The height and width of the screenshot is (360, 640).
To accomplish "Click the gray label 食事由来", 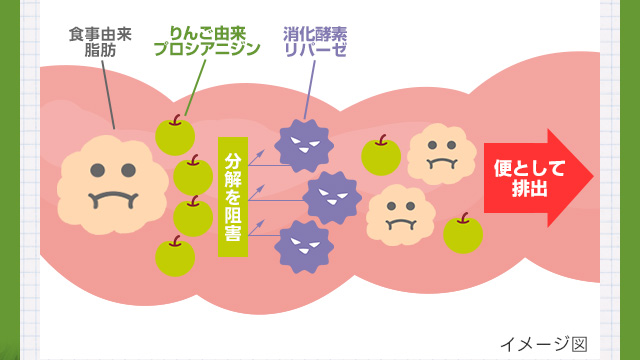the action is coord(100,34).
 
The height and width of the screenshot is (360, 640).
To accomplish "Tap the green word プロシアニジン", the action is coord(207,49).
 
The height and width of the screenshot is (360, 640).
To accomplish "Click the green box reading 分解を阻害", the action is coord(233,197).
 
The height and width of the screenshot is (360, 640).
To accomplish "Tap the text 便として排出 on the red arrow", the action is coord(529,178).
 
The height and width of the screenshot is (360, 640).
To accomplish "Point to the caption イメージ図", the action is coord(544,344).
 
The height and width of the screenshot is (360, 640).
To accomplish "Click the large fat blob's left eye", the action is coord(98,170).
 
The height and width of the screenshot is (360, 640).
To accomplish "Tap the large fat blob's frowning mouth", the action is coord(113,200).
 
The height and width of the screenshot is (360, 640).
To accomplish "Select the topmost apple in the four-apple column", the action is coord(175,135).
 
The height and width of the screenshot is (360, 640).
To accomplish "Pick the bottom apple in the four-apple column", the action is coord(175,256).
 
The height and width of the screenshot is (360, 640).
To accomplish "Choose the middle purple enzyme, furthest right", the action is coord(332,198).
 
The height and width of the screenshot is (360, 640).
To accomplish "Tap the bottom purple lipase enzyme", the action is coord(304,247).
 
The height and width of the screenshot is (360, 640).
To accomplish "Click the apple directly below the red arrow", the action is coord(463,233).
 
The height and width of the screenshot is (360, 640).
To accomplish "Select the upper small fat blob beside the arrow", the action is coord(442,154).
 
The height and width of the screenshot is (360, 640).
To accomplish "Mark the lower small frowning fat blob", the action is coord(401,215).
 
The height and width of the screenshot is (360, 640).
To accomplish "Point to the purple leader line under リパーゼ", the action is coord(310,90).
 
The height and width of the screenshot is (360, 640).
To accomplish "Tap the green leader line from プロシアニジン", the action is coord(196,88).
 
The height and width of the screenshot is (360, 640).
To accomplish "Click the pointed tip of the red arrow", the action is coord(593,178).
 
